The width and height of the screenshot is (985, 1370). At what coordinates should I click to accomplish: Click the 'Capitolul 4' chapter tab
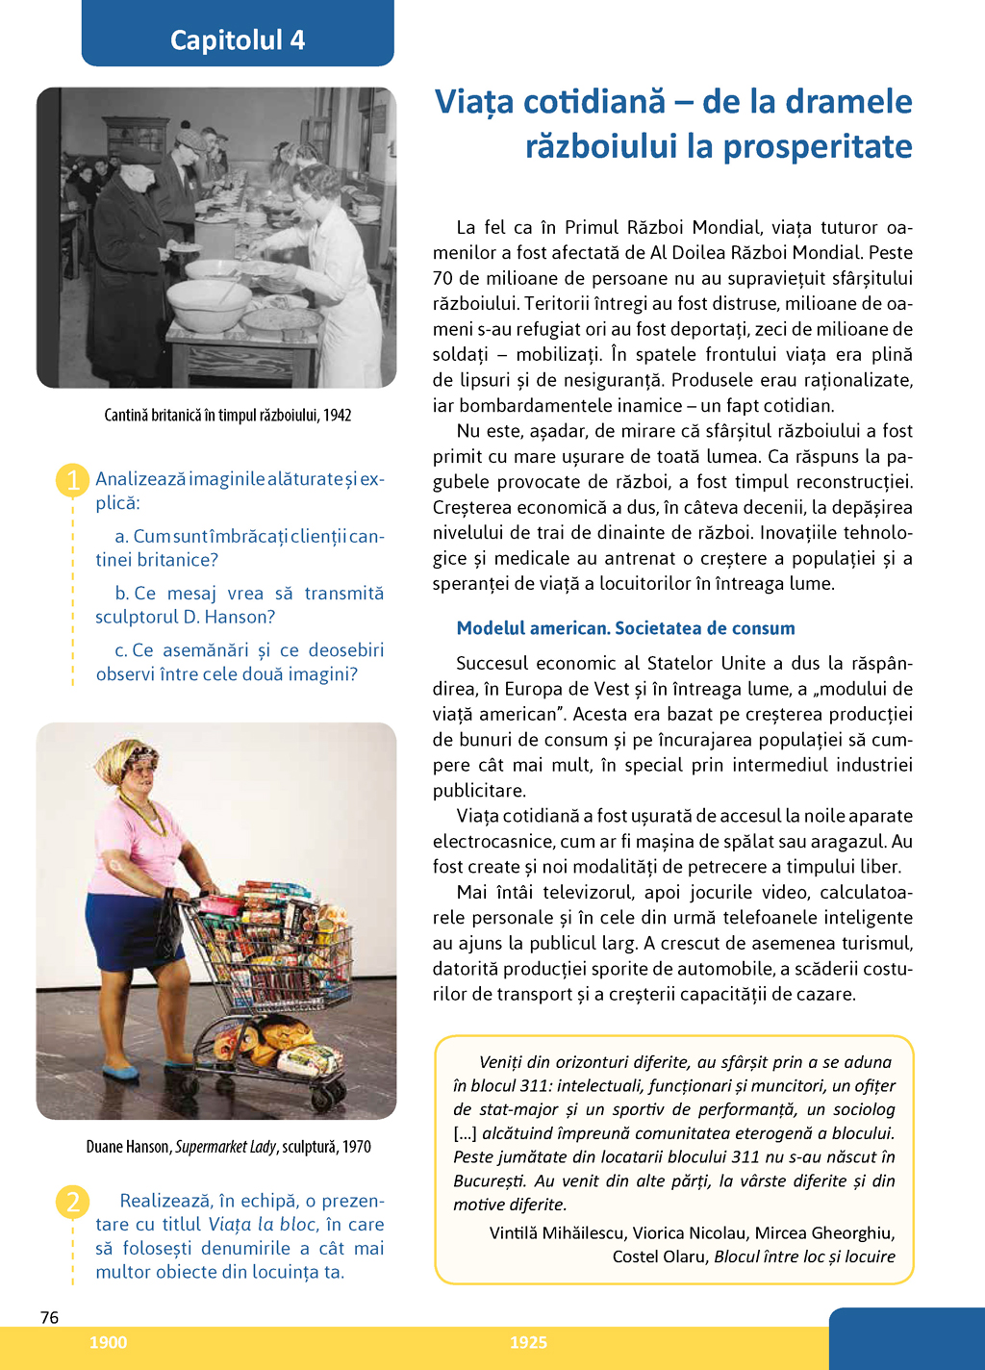(x=238, y=39)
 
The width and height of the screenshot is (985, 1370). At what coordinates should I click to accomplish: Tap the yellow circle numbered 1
(x=73, y=479)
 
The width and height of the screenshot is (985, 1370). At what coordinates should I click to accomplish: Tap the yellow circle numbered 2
(x=73, y=1202)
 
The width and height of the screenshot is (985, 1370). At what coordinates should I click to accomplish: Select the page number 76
(x=50, y=1317)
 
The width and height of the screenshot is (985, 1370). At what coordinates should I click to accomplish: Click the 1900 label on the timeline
(x=108, y=1342)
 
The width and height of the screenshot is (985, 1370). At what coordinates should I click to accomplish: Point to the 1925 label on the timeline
(x=528, y=1342)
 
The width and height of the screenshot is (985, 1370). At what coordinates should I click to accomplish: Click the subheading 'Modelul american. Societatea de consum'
(x=625, y=628)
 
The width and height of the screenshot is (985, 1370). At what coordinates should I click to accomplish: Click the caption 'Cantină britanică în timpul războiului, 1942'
(x=228, y=415)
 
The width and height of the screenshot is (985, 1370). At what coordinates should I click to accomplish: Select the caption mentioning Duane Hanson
(x=228, y=1146)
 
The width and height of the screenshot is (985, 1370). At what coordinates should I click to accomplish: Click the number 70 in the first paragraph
(x=442, y=278)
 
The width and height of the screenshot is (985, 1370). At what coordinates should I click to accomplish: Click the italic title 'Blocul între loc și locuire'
(x=804, y=1256)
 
